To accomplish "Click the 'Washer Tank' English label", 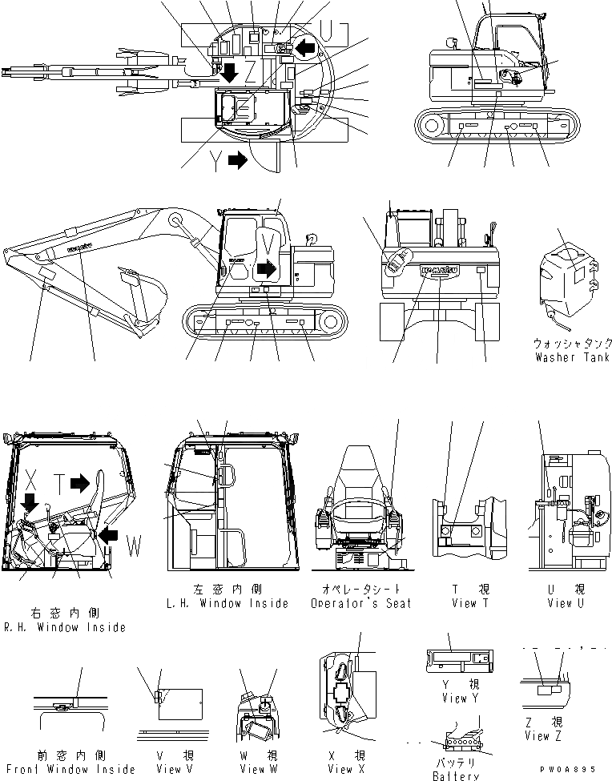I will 573,357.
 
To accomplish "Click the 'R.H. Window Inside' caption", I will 65,627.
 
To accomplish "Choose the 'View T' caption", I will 465,603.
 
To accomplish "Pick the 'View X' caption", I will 340,769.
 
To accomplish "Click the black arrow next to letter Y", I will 238,159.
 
